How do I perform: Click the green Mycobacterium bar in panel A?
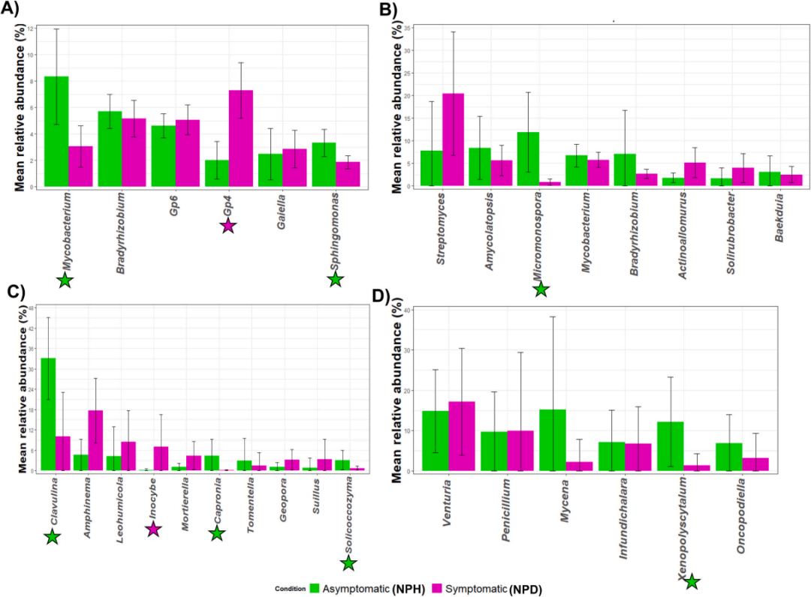pos(56,131)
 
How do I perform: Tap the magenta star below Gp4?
pos(228,225)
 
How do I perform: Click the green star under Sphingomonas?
pos(335,279)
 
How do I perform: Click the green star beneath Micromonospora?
pos(541,289)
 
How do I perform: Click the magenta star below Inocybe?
pos(152,529)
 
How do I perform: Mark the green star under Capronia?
pos(216,533)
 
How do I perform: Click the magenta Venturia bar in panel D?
pos(462,436)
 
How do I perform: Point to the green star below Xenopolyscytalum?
pos(692,580)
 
